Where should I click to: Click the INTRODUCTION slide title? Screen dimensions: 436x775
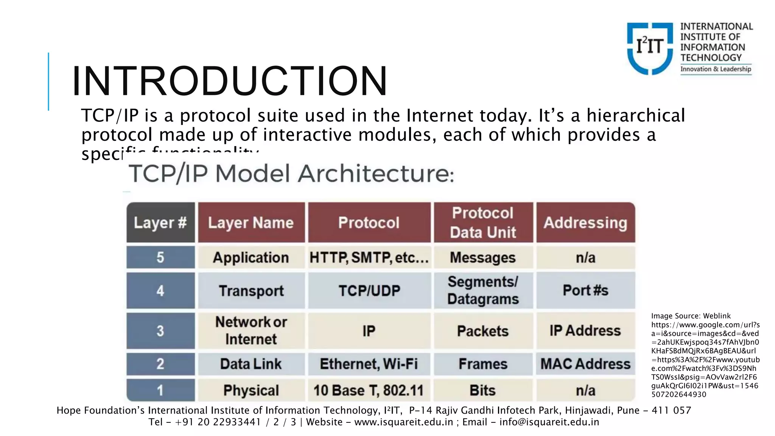pos(230,81)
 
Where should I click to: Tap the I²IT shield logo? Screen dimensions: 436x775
pos(650,48)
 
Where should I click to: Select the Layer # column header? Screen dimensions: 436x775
pos(160,223)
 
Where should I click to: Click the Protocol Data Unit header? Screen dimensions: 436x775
pos(483,223)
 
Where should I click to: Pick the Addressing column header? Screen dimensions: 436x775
pos(585,223)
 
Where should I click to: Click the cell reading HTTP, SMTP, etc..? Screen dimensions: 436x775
pos(369,258)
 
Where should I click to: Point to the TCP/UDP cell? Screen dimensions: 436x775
pos(369,291)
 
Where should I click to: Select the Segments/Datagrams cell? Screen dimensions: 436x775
pos(483,290)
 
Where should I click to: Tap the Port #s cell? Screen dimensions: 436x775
pos(585,290)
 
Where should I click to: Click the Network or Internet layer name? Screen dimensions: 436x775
pos(251,330)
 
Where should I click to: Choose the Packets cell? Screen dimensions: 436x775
pos(483,331)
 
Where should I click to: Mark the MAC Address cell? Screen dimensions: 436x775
pos(585,364)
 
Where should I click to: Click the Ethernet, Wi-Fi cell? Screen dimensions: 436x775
pos(369,364)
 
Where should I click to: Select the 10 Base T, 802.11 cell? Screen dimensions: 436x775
pos(369,390)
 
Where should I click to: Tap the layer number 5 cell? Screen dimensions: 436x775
pos(160,257)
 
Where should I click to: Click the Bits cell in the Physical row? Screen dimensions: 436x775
pos(483,390)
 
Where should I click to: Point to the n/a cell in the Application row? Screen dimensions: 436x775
pos(585,258)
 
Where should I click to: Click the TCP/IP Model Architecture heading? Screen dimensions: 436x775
pos(291,174)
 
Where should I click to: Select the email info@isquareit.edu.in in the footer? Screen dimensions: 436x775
pos(549,422)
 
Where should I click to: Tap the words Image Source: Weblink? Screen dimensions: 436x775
pos(691,316)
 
